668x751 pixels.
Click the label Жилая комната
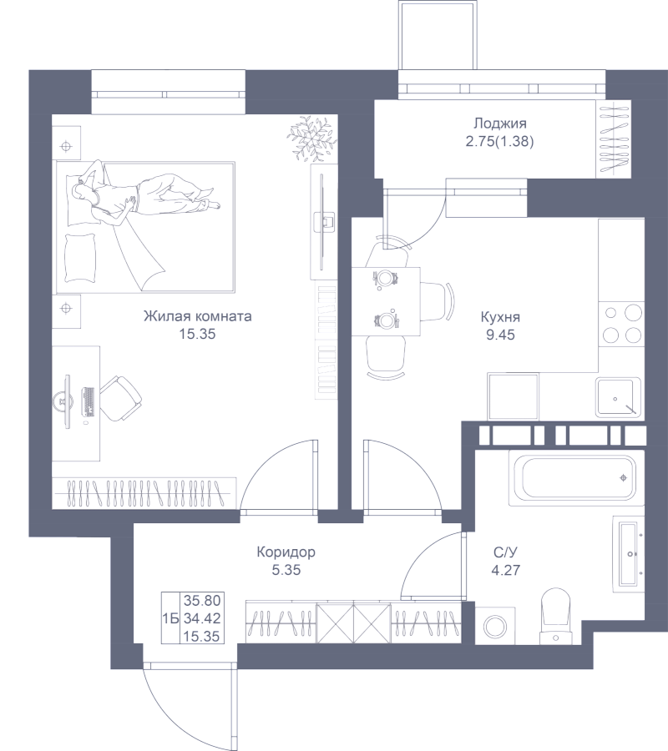click(198, 317)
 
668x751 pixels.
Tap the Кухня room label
click(501, 318)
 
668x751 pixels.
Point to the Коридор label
click(286, 552)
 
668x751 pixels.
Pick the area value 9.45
click(501, 336)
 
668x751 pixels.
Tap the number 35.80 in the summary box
click(201, 600)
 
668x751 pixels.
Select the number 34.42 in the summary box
click(201, 617)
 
